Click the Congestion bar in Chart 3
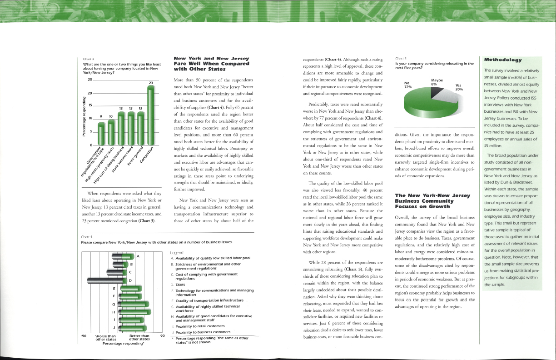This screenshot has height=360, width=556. click(x=151, y=116)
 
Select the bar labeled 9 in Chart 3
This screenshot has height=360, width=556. click(x=101, y=133)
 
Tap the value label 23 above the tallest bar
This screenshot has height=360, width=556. click(x=151, y=83)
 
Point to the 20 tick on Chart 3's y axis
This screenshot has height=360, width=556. click(x=90, y=93)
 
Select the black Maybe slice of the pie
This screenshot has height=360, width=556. click(x=435, y=92)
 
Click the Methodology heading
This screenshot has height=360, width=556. click(x=503, y=60)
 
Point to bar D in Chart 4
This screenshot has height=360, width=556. click(x=109, y=280)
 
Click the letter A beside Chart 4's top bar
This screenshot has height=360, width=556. click(x=138, y=257)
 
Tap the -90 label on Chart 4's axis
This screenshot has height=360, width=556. click(x=83, y=336)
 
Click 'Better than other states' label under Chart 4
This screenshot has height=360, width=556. click(x=139, y=338)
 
